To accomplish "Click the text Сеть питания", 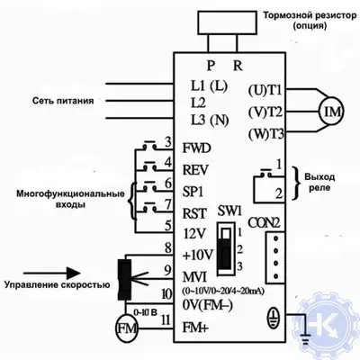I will (63, 100).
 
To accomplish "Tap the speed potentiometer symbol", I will (124, 273).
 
